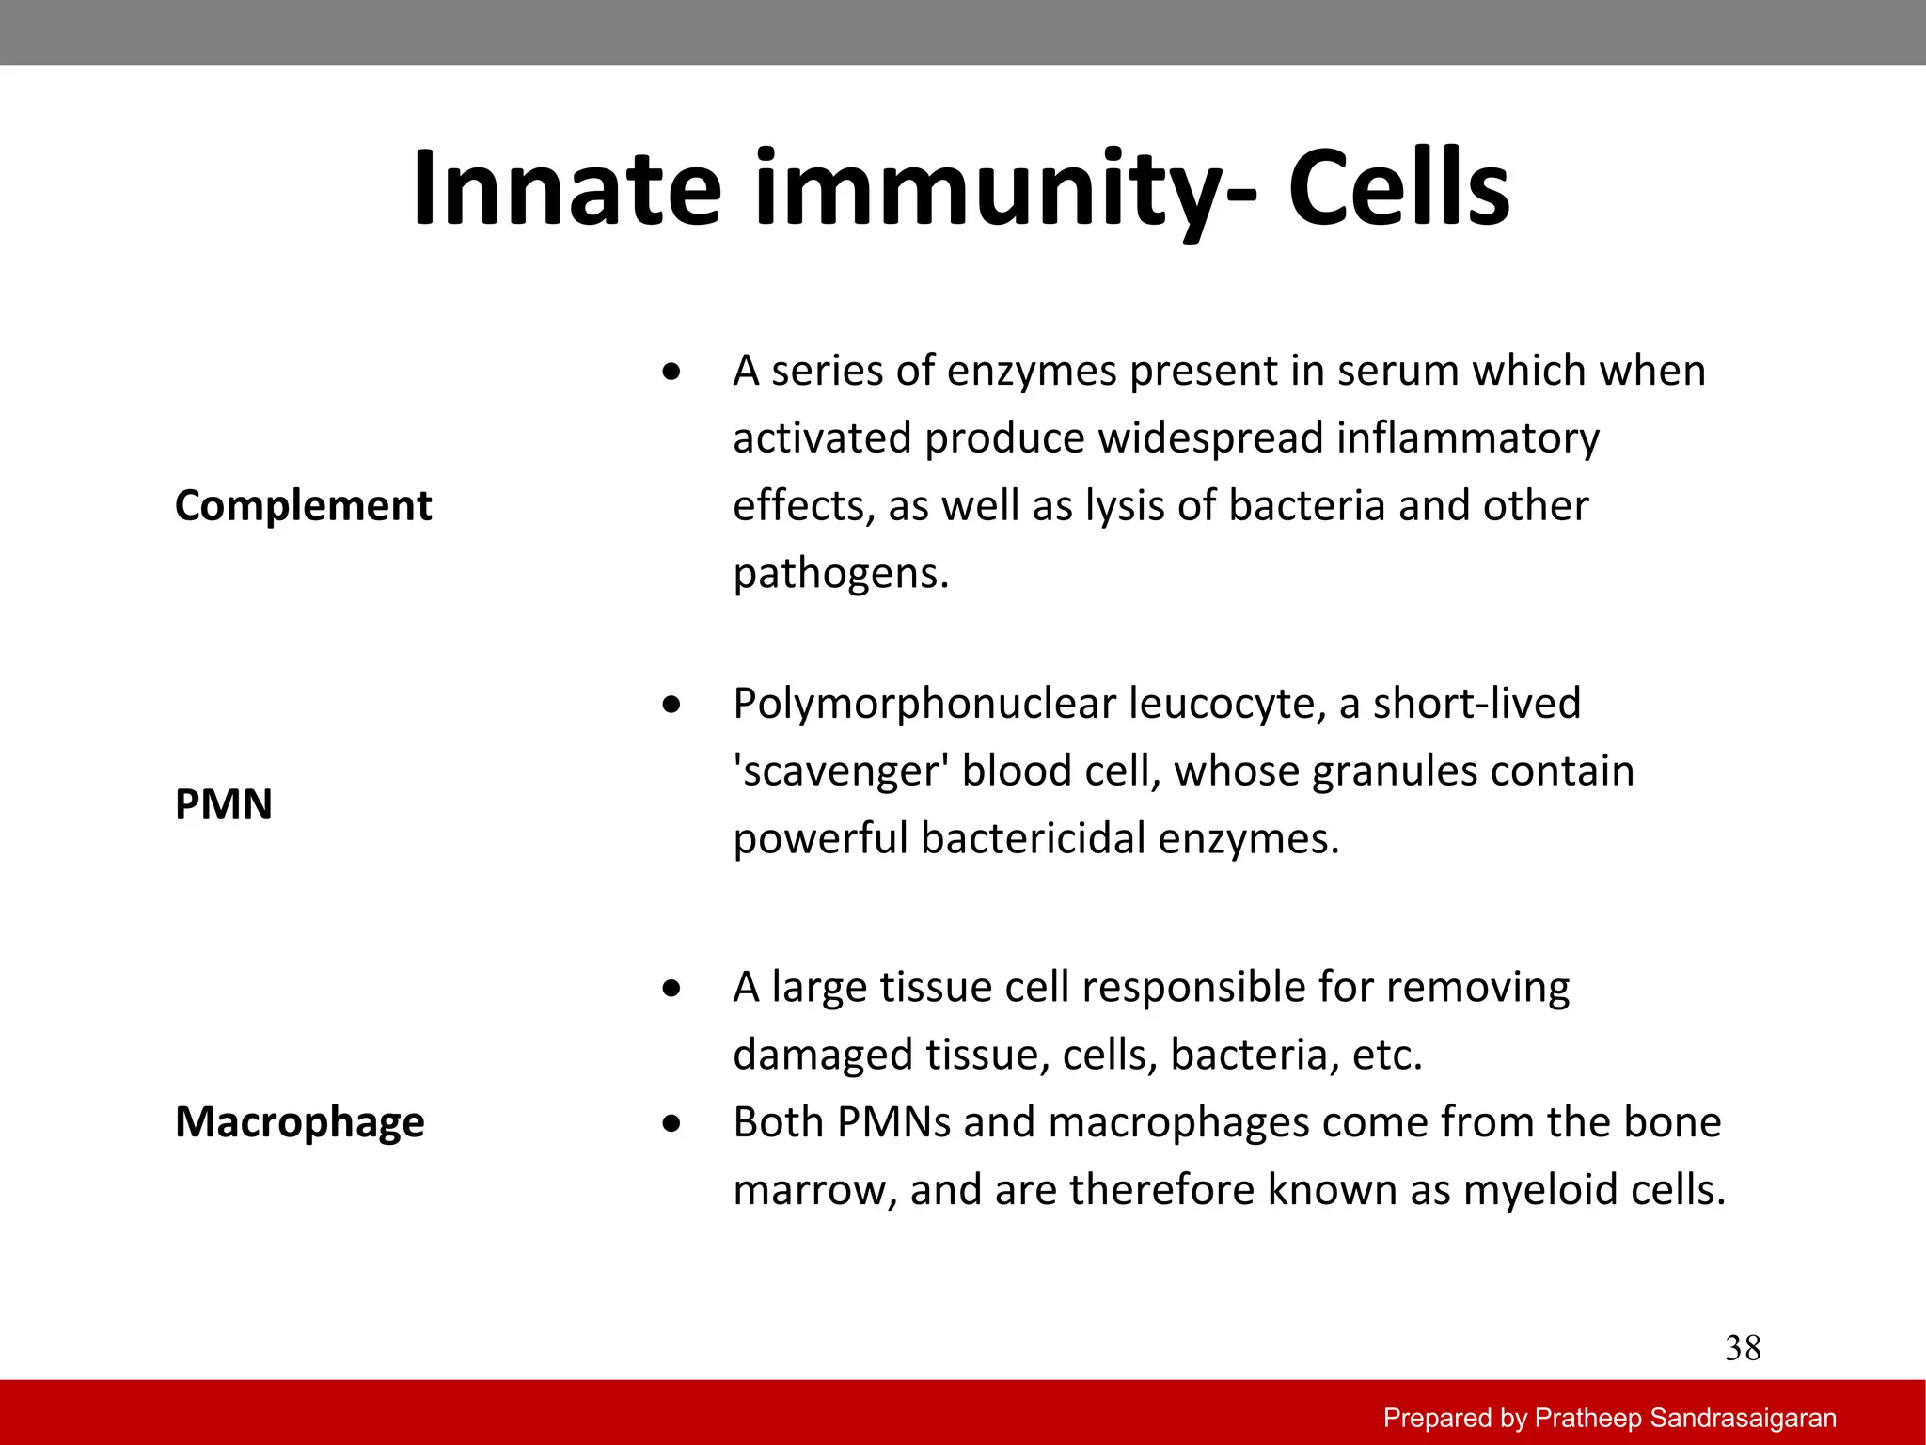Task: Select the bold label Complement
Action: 303,506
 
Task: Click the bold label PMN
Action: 224,805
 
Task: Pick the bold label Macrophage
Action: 299,1122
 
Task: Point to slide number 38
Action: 1743,1349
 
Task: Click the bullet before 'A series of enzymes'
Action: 671,373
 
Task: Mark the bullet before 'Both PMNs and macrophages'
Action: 671,1123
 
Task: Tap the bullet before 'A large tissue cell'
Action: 671,989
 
